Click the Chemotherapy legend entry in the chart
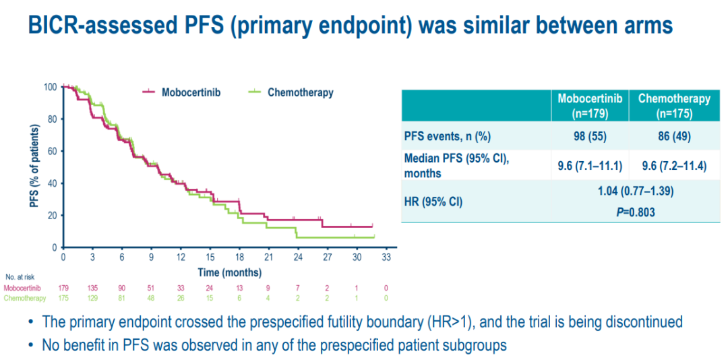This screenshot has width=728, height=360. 300,92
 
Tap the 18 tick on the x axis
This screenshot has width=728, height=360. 240,257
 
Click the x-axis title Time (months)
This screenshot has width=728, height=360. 229,272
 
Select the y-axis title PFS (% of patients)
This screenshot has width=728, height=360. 34,164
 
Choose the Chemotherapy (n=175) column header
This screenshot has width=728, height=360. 674,105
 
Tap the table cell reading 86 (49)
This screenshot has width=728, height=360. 674,136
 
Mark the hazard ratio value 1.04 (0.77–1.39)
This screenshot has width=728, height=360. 634,191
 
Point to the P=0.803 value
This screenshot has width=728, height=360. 634,211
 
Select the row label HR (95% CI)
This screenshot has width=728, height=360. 433,201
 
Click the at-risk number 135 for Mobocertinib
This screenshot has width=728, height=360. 92,288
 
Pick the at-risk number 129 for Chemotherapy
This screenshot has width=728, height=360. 92,297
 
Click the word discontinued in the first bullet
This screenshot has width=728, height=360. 642,322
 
